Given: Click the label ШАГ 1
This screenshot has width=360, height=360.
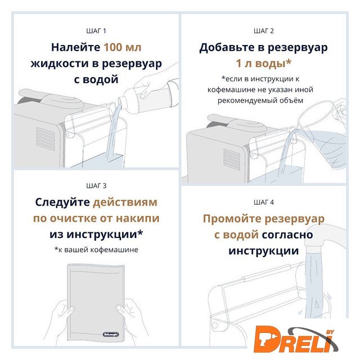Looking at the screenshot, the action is (96, 31).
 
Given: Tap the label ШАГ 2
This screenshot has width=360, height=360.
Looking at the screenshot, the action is (264, 31).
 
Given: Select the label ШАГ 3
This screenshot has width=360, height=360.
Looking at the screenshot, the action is (96, 186).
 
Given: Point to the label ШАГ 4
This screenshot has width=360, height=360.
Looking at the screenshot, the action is (264, 202).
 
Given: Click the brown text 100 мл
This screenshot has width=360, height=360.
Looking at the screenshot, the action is (123, 47).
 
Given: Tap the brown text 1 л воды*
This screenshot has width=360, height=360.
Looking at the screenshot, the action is (264, 63).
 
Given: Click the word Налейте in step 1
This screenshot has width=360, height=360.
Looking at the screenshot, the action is (75, 47).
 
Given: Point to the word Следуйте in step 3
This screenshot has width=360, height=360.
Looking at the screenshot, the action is (62, 202).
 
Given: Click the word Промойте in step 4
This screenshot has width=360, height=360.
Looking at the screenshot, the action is (232, 219).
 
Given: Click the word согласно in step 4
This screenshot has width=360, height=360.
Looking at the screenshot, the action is (287, 235).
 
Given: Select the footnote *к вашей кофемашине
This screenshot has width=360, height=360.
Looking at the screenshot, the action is (96, 250).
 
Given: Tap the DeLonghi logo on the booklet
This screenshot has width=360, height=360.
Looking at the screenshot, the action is (111, 334).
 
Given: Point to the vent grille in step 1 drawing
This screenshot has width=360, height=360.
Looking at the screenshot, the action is (46, 139).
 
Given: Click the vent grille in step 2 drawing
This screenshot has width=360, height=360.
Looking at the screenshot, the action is (232, 159).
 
